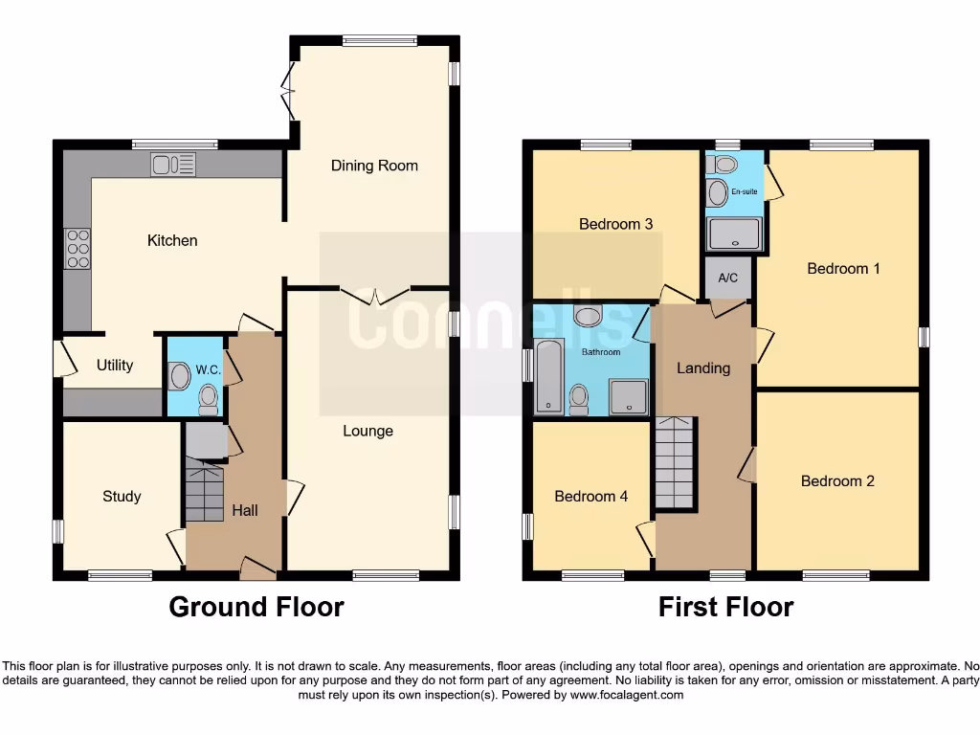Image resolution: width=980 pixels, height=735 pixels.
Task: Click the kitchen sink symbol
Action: [173, 165]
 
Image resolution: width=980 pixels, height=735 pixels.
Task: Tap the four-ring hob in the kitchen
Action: [77, 249]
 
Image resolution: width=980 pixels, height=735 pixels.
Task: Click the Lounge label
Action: [368, 431]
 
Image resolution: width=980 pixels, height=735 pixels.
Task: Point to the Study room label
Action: [122, 496]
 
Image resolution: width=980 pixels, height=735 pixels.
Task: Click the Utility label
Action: [115, 366]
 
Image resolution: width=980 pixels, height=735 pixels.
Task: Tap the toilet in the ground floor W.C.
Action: [208, 400]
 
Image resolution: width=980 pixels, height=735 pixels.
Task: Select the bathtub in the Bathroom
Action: [549, 377]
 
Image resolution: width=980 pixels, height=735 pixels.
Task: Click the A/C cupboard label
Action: [727, 278]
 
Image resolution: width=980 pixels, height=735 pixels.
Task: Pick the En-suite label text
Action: [745, 191]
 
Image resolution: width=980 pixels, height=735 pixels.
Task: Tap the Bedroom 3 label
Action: [615, 224]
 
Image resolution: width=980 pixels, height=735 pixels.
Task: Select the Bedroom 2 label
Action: [837, 481]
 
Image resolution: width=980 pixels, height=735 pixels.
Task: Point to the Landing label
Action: [703, 367]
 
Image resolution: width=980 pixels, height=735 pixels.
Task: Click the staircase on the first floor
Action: [676, 463]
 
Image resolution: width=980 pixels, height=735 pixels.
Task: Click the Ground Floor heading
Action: [256, 607]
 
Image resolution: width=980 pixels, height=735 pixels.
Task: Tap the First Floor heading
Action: [725, 607]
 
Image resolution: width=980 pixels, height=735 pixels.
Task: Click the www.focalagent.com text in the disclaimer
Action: [626, 695]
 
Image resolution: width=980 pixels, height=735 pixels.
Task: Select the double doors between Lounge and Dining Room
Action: [376, 295]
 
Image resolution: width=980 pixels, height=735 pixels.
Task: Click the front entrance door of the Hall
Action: [257, 568]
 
